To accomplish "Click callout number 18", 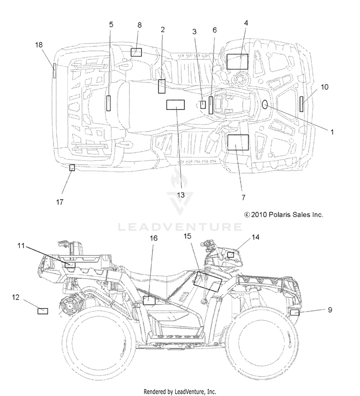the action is click(39, 45).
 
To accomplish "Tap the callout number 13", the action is click(180, 195).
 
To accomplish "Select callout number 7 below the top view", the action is click(243, 197).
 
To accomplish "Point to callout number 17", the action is click(60, 202).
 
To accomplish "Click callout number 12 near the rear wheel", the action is click(16, 297).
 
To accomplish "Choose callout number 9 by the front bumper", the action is click(330, 310).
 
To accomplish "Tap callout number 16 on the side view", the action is click(154, 238).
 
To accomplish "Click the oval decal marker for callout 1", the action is click(264, 104).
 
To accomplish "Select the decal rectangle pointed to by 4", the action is click(237, 61).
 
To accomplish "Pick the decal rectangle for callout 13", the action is click(175, 105).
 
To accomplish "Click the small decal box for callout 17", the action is click(72, 168).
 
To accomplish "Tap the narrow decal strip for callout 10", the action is click(301, 104).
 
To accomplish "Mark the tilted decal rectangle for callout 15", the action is click(208, 282).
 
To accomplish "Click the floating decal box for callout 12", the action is click(43, 311).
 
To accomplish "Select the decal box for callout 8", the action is click(136, 52).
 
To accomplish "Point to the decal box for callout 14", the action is click(230, 254).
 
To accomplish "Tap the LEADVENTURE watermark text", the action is click(180, 227).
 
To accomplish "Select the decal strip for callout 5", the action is click(108, 103).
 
